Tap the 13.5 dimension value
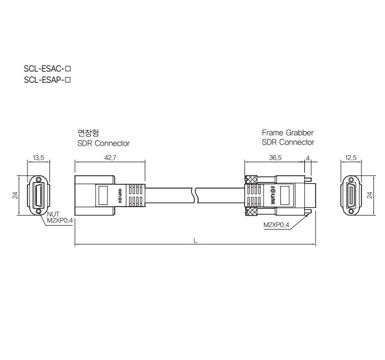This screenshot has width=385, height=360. tap(38, 157)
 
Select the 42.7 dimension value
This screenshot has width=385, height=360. tap(110, 157)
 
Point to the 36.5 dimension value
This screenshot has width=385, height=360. tap(275, 157)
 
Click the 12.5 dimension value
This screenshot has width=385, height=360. tap(351, 157)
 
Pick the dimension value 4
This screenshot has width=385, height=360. tap(308, 158)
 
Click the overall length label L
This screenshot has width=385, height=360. tap(195, 241)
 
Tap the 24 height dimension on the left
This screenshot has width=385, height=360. tap(15, 195)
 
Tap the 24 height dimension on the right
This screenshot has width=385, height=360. tap(369, 195)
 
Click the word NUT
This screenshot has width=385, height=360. tap(53, 214)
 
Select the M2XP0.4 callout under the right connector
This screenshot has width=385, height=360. tap(276, 225)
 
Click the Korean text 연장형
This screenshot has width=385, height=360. tap(88, 133)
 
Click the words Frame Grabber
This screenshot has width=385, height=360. tap(288, 133)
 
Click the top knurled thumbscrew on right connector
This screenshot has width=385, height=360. tap(251, 179)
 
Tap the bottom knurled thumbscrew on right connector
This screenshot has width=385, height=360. tap(251, 211)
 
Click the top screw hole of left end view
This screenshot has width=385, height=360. tap(38, 179)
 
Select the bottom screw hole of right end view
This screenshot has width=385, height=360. tap(351, 211)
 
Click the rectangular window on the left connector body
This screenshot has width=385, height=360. tap(103, 195)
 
